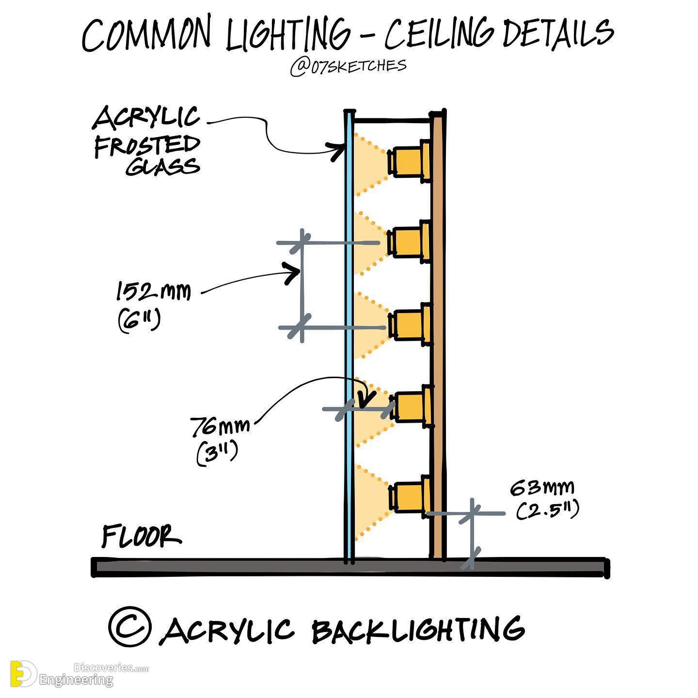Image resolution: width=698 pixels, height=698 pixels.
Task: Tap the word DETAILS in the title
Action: click(x=558, y=33)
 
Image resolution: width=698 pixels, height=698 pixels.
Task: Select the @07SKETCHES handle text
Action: click(x=348, y=67)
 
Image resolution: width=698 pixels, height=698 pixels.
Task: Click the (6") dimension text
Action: click(x=139, y=320)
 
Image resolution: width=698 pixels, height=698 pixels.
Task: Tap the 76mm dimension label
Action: click(x=220, y=427)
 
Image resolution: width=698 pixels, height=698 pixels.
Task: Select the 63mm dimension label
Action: click(x=542, y=488)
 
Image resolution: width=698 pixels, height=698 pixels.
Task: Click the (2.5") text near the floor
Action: click(x=547, y=510)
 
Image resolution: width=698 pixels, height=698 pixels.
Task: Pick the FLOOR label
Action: click(x=141, y=536)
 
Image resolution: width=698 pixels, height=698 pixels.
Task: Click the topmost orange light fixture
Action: click(x=409, y=160)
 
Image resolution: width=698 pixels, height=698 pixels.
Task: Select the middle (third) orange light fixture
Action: click(x=410, y=323)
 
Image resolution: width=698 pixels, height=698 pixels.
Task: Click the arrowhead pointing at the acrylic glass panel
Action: click(x=337, y=151)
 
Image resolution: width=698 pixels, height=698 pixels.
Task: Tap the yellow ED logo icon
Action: click(x=23, y=674)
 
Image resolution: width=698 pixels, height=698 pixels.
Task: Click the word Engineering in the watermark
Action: click(x=77, y=680)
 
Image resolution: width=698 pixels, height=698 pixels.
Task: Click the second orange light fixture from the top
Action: click(x=409, y=241)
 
